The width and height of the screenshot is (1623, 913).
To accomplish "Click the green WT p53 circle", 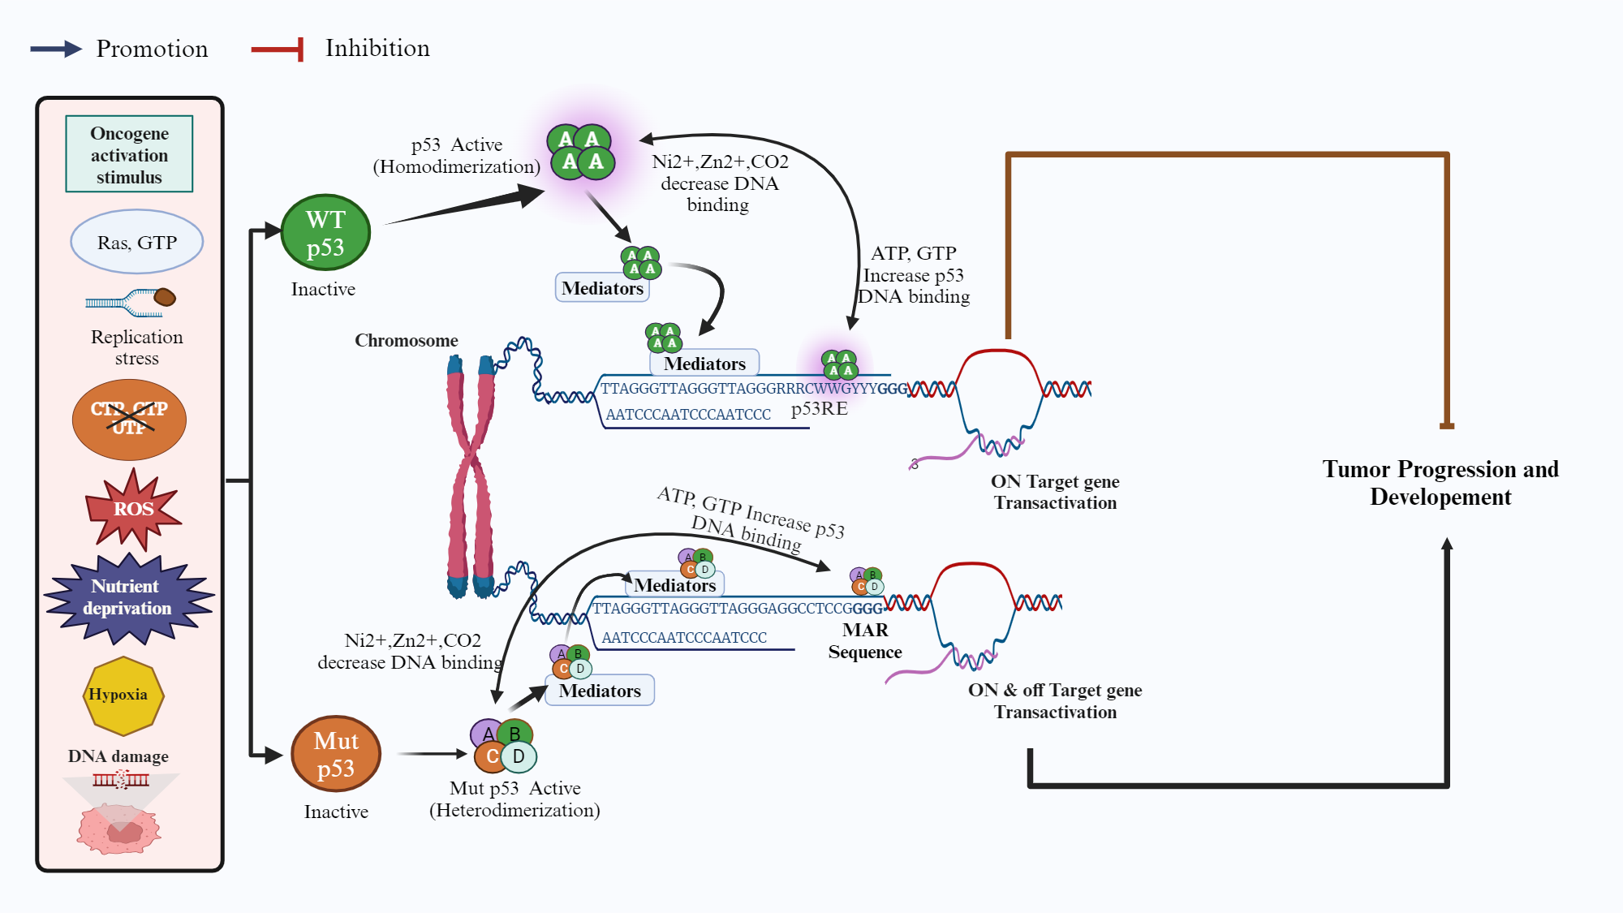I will pos(325,233).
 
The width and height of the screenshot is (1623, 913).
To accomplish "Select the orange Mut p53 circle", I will pos(336,754).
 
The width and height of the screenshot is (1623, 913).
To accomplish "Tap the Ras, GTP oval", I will pos(136,242).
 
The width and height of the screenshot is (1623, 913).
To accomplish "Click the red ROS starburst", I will pos(133,509).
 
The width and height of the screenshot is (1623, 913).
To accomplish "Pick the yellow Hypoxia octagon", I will pos(123,696).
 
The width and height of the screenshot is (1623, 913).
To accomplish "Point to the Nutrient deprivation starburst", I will pos(128,598).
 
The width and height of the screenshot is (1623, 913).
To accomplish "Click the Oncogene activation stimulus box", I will pos(129,154).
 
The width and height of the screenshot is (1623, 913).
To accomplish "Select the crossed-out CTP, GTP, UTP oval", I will pos(129,419).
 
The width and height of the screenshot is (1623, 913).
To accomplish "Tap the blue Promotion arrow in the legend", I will pos(56,49).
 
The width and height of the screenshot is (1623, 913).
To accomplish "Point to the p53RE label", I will pos(819,409).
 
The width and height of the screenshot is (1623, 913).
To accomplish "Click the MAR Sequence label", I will pos(865,641).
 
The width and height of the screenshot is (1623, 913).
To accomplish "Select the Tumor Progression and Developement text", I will pos(1440,483).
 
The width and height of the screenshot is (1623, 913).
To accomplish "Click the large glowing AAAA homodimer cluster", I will pos(581,151).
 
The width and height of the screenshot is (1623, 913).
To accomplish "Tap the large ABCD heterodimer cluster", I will pos(503,745).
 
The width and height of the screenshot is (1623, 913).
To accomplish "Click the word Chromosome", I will pos(406,341).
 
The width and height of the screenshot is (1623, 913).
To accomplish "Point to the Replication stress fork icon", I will pos(131,303).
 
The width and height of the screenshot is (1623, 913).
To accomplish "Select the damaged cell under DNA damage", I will pos(119,829).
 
